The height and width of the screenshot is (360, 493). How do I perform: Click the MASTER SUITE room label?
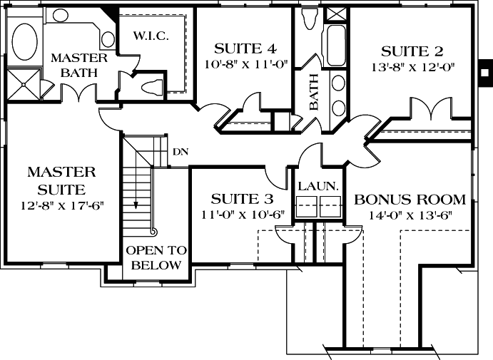pyautogui.click(x=61, y=180)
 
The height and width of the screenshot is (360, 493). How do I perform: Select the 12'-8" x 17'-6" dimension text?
pyautogui.click(x=62, y=206)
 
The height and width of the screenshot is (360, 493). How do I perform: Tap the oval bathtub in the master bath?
pyautogui.click(x=26, y=40)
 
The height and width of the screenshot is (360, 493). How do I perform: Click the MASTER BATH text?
pyautogui.click(x=78, y=65)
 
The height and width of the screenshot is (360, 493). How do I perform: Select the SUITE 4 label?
pyautogui.click(x=245, y=48)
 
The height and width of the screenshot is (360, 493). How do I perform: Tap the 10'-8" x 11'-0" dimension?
pyautogui.click(x=245, y=63)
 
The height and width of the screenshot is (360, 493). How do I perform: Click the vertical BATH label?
pyautogui.click(x=313, y=93)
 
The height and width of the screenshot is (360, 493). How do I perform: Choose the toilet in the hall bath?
pyautogui.click(x=309, y=19)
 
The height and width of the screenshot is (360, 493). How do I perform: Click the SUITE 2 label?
pyautogui.click(x=412, y=51)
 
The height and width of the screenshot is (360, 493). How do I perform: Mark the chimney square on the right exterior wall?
pyautogui.click(x=485, y=71)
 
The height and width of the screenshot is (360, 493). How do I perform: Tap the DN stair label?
pyautogui.click(x=180, y=153)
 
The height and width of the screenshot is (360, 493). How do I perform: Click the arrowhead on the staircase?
pyautogui.click(x=136, y=204)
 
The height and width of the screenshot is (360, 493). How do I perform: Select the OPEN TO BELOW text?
pyautogui.click(x=156, y=258)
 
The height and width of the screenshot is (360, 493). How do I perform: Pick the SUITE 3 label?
pyautogui.click(x=243, y=198)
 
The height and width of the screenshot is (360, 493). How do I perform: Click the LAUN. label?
pyautogui.click(x=317, y=186)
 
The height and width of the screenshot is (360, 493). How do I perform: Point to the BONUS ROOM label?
pyautogui.click(x=410, y=200)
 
